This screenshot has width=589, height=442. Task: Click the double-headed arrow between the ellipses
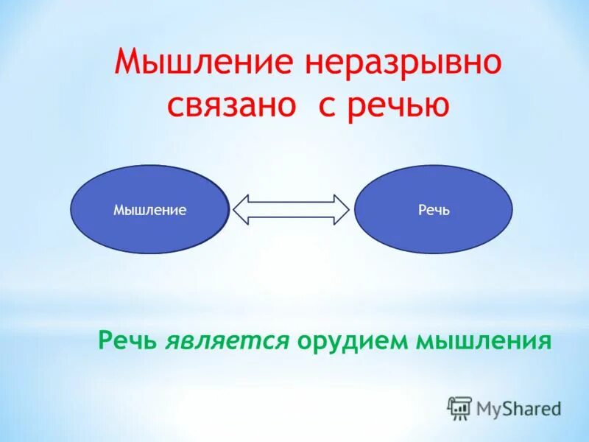(x=291, y=209)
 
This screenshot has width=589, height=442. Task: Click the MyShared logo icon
(x=460, y=407)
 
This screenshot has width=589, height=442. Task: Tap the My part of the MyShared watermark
(x=489, y=408)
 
